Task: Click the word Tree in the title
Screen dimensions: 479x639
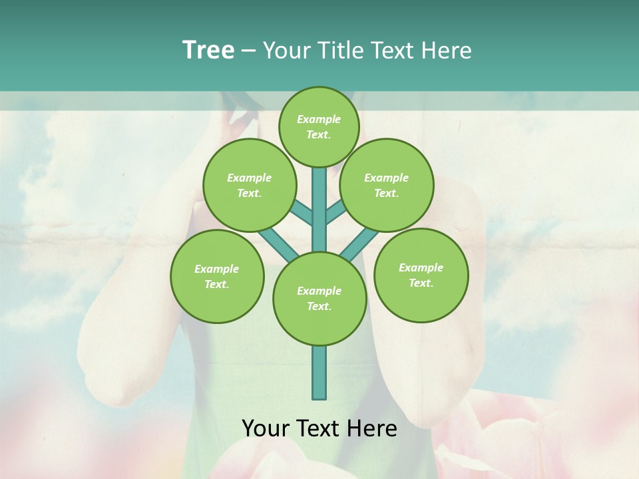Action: coord(208,50)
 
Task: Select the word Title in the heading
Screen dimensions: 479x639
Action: coord(335,50)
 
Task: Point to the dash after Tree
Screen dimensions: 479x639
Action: coord(248,51)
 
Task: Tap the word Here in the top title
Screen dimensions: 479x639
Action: coord(447,50)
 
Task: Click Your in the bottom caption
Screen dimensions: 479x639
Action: coord(265,428)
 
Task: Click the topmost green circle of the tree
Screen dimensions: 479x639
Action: coord(319,126)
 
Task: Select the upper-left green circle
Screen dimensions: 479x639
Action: coord(249,185)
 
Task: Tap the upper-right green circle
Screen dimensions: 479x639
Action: coord(386,185)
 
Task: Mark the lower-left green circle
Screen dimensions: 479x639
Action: coord(217,276)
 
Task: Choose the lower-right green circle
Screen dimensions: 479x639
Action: coord(421,275)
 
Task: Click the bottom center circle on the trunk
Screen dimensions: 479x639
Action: coord(319,298)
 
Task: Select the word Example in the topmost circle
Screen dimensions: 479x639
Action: coord(319,119)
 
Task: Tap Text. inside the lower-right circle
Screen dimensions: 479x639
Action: coord(421,283)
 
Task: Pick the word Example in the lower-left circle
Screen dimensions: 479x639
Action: coord(216,269)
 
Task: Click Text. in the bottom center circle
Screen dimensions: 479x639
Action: coord(319,306)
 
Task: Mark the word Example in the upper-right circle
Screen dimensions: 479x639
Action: coord(386,178)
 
